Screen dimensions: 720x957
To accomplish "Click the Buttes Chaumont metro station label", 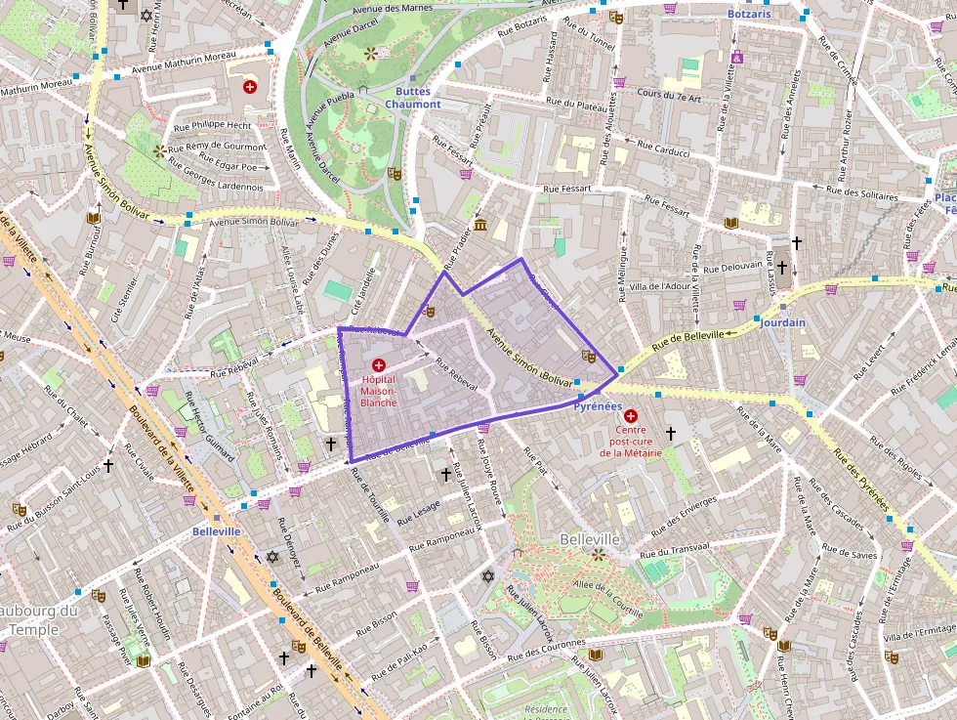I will pyautogui.click(x=412, y=98).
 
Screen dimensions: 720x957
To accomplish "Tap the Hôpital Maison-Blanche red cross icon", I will pyautogui.click(x=378, y=364).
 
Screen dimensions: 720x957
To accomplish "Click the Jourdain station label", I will pyautogui.click(x=782, y=322).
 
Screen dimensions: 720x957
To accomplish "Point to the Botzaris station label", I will pyautogui.click(x=749, y=15).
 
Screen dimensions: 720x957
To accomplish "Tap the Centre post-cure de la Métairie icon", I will pyautogui.click(x=630, y=415).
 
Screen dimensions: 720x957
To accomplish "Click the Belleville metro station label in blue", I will pyautogui.click(x=216, y=531).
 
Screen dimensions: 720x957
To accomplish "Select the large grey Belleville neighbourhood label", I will pyautogui.click(x=590, y=539).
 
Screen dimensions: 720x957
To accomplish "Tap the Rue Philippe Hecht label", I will pyautogui.click(x=212, y=125).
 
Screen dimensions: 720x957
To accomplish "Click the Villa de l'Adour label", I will pyautogui.click(x=660, y=286).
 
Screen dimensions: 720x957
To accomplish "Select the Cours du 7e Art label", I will pyautogui.click(x=669, y=97).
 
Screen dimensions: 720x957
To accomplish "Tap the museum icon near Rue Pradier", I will pyautogui.click(x=480, y=226).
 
